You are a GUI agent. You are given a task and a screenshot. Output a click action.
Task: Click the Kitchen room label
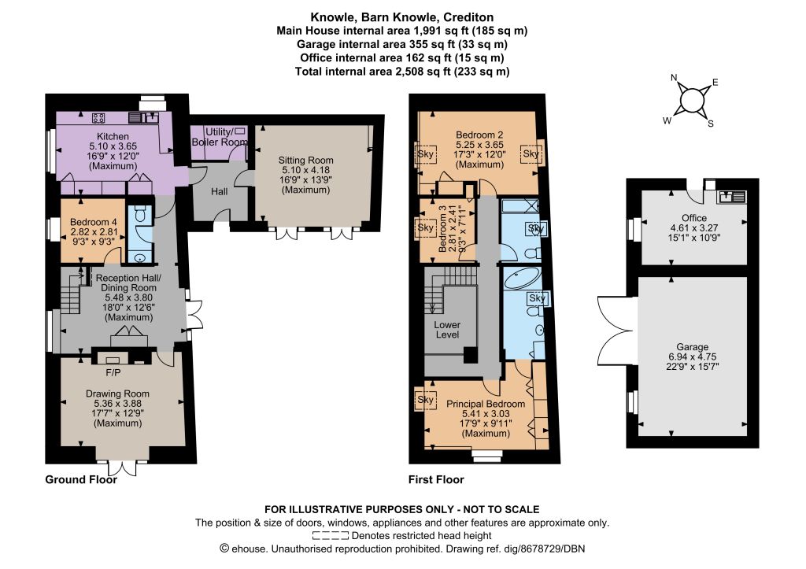(113, 137)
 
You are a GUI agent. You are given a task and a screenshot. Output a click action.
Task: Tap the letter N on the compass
(674, 78)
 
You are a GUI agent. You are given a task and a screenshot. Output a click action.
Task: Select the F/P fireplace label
(113, 373)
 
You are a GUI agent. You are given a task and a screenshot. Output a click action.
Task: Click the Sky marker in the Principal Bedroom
(425, 399)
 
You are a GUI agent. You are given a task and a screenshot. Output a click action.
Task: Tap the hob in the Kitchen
(98, 118)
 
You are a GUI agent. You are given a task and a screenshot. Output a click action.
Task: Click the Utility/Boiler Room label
(220, 137)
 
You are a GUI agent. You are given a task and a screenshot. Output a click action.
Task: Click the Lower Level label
(447, 330)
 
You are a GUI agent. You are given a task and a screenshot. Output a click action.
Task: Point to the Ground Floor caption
(81, 479)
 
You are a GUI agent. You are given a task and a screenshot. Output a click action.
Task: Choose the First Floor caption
(436, 479)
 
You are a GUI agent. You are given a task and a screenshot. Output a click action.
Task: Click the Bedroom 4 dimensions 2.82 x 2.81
(94, 232)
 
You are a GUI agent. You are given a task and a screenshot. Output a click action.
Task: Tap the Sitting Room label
(306, 161)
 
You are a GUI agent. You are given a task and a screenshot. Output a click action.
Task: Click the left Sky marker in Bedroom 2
(425, 153)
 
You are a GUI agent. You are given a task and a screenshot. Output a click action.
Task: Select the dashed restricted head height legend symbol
(330, 536)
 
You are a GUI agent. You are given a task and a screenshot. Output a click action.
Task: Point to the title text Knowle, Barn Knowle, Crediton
(402, 17)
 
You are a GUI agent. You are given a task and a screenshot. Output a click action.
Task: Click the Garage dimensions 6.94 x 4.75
(693, 357)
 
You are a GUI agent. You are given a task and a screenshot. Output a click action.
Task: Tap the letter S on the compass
(711, 124)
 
